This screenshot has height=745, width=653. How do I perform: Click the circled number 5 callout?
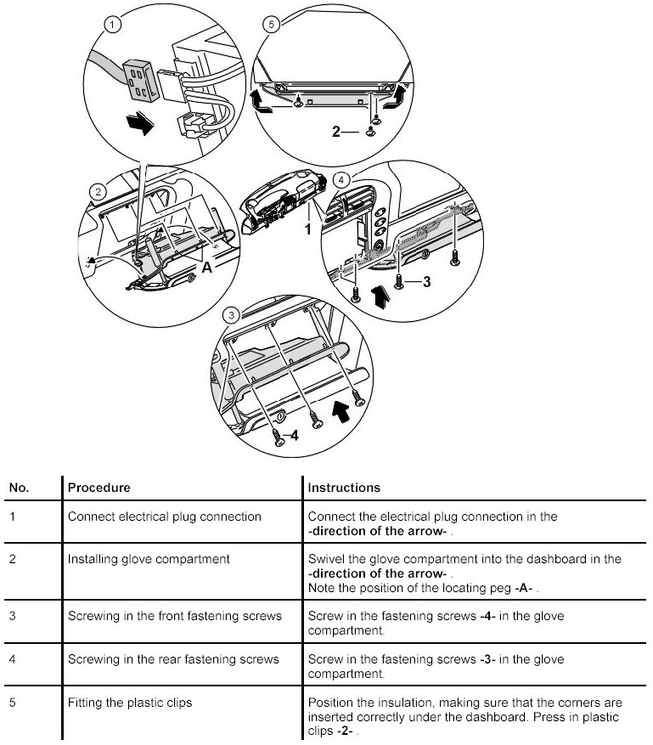point(271,25)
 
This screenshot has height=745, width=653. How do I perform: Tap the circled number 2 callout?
point(99,192)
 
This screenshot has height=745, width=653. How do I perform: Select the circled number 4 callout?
point(341,180)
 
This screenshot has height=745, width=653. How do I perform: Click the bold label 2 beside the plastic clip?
point(336,132)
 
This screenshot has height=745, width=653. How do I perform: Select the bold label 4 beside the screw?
point(294,436)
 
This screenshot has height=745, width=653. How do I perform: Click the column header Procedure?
point(99,488)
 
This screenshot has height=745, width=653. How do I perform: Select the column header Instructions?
point(343,488)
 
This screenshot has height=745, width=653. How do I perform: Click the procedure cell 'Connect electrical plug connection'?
point(164,516)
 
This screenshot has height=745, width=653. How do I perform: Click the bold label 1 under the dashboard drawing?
point(308,229)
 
